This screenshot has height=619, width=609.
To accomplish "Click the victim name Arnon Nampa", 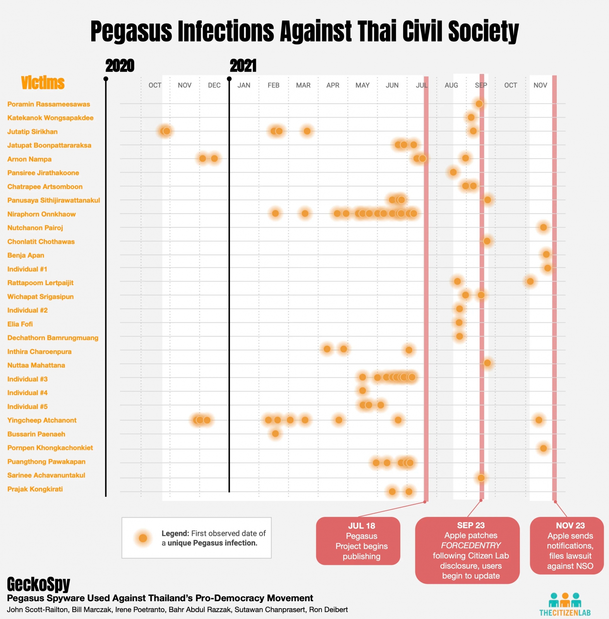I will (x=29, y=159).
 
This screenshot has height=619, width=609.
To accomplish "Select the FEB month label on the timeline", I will (x=273, y=85).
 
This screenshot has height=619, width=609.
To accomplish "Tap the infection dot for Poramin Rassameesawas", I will (x=479, y=104).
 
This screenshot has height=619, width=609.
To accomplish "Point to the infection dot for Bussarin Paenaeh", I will (x=275, y=434).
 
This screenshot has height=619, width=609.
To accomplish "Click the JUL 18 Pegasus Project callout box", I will (x=358, y=541).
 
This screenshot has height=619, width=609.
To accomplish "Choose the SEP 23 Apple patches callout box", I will (x=467, y=550).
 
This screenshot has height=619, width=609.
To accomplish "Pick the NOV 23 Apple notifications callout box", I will (x=566, y=545).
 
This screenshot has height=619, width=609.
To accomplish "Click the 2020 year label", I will (x=120, y=66).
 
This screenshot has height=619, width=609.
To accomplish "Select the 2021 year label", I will (x=243, y=66).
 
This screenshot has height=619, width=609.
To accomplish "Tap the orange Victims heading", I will (x=43, y=83).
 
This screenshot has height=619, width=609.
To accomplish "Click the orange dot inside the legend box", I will (x=143, y=538).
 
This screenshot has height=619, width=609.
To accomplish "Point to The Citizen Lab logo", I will (x=565, y=604).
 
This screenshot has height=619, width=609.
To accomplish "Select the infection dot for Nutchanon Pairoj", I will (x=543, y=227).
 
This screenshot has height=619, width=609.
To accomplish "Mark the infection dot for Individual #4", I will (x=362, y=391).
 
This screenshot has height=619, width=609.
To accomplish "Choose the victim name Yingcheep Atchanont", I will (x=42, y=420).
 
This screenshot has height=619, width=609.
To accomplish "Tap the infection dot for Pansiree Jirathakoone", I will (x=453, y=172).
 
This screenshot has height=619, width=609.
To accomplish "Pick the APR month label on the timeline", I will (x=333, y=85).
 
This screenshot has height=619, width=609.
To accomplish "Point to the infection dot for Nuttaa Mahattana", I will (x=487, y=363).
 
